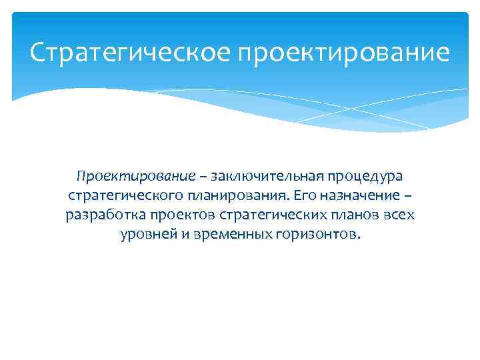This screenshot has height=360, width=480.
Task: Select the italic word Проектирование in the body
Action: pos(136,177)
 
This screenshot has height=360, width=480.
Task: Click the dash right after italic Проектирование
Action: pos(203,177)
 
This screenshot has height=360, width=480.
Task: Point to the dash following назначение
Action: pos(408,197)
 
